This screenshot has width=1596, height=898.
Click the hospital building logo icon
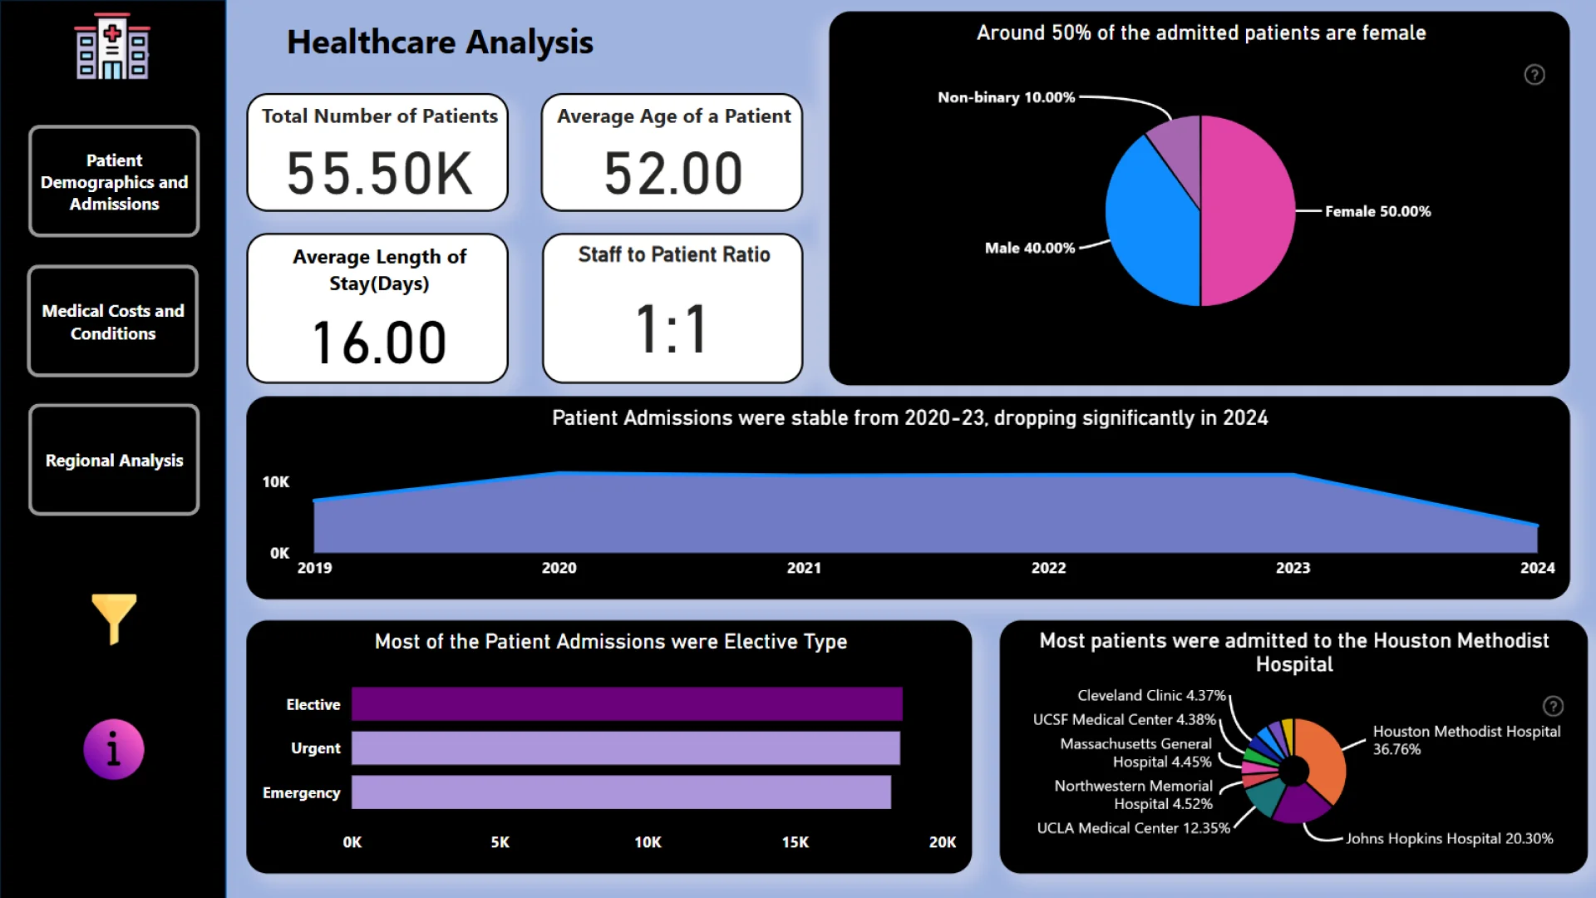pyautogui.click(x=112, y=47)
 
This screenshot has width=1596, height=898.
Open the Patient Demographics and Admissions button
pyautogui.click(x=114, y=181)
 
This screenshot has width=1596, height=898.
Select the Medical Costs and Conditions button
pyautogui.click(x=113, y=322)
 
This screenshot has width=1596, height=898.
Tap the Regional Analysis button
pyautogui.click(x=114, y=460)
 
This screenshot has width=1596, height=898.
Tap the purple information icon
pyautogui.click(x=114, y=749)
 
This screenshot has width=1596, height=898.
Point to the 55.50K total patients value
pyautogui.click(x=379, y=174)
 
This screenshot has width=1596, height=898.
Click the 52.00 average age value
pyautogui.click(x=672, y=174)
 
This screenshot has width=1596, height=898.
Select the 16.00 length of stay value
pyautogui.click(x=379, y=343)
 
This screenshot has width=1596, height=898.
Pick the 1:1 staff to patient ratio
pyautogui.click(x=672, y=329)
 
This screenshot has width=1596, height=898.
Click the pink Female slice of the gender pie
pyautogui.click(x=1247, y=210)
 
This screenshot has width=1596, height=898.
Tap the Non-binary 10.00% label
pyautogui.click(x=1006, y=97)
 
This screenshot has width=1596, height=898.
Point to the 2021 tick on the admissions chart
pyautogui.click(x=804, y=568)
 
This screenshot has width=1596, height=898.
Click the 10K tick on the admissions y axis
pyautogui.click(x=276, y=482)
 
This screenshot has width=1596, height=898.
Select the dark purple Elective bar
pyautogui.click(x=627, y=703)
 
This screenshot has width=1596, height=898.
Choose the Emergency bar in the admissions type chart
pyautogui.click(x=621, y=792)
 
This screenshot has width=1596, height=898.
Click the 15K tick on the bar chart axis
pyautogui.click(x=795, y=842)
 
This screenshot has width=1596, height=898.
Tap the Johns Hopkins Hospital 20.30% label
pyautogui.click(x=1449, y=838)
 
